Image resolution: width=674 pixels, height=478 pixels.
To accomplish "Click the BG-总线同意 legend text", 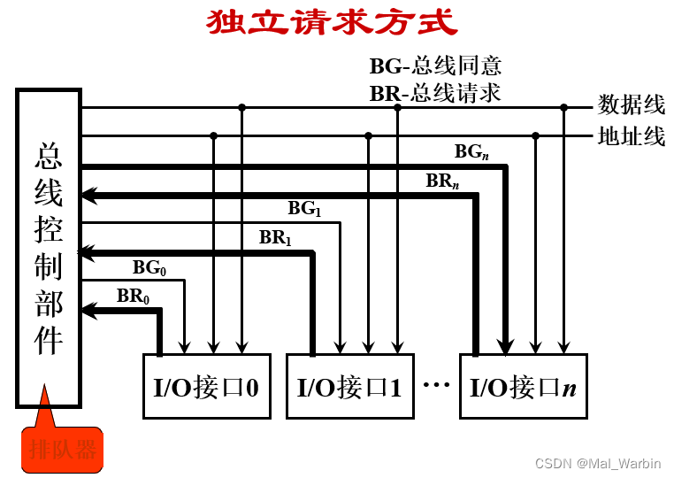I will (x=435, y=66).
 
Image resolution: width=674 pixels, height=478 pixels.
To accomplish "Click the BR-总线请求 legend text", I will (x=435, y=92).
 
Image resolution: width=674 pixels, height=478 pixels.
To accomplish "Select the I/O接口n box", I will (x=523, y=387).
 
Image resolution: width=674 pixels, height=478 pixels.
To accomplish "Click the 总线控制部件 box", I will (x=49, y=248).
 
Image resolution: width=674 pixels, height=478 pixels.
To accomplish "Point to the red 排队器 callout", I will (x=62, y=449).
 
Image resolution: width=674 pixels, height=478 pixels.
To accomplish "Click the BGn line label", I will (x=471, y=152).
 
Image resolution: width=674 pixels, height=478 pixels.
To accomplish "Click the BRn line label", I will (x=442, y=181).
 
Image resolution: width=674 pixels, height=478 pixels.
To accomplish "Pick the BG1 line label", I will (x=304, y=209).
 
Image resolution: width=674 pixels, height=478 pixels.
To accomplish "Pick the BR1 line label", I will (x=275, y=238).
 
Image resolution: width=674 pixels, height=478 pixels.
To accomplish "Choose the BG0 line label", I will (x=149, y=266).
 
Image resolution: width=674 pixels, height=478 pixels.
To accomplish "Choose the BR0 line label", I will (x=133, y=296).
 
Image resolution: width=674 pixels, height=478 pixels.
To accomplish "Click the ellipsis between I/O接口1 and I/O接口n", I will (x=437, y=386).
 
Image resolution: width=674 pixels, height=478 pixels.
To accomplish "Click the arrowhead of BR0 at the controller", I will (x=88, y=310).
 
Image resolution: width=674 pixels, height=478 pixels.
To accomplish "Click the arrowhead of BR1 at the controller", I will (x=88, y=253).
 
